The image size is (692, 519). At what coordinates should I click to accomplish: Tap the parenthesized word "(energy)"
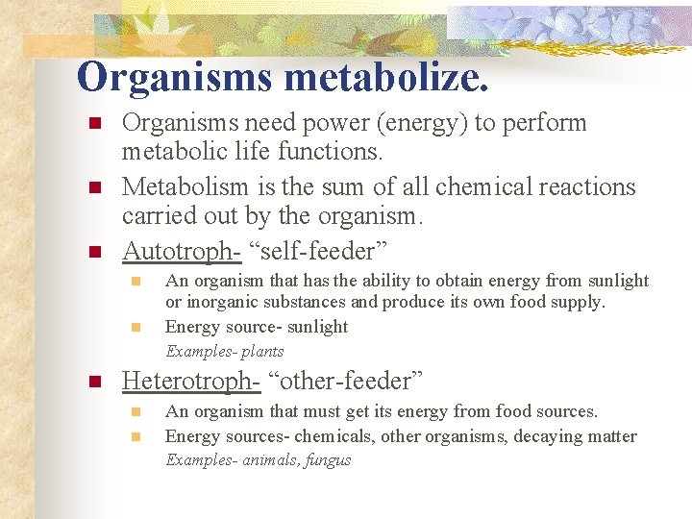[415, 123]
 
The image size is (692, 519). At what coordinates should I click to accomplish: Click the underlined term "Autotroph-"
[181, 252]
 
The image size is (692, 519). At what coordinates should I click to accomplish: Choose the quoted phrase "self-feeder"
[317, 252]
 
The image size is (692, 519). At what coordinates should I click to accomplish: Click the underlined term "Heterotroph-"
[191, 381]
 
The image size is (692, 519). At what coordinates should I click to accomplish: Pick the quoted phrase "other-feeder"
[343, 381]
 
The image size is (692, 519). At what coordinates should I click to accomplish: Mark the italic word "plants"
[262, 351]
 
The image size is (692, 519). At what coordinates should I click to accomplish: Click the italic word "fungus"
[329, 459]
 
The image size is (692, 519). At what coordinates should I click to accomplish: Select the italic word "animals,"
[271, 459]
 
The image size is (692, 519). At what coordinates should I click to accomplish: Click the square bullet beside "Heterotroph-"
[94, 382]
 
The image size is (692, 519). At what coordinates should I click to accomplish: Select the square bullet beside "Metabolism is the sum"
[94, 187]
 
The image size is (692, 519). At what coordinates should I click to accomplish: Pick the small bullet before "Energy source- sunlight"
[136, 327]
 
